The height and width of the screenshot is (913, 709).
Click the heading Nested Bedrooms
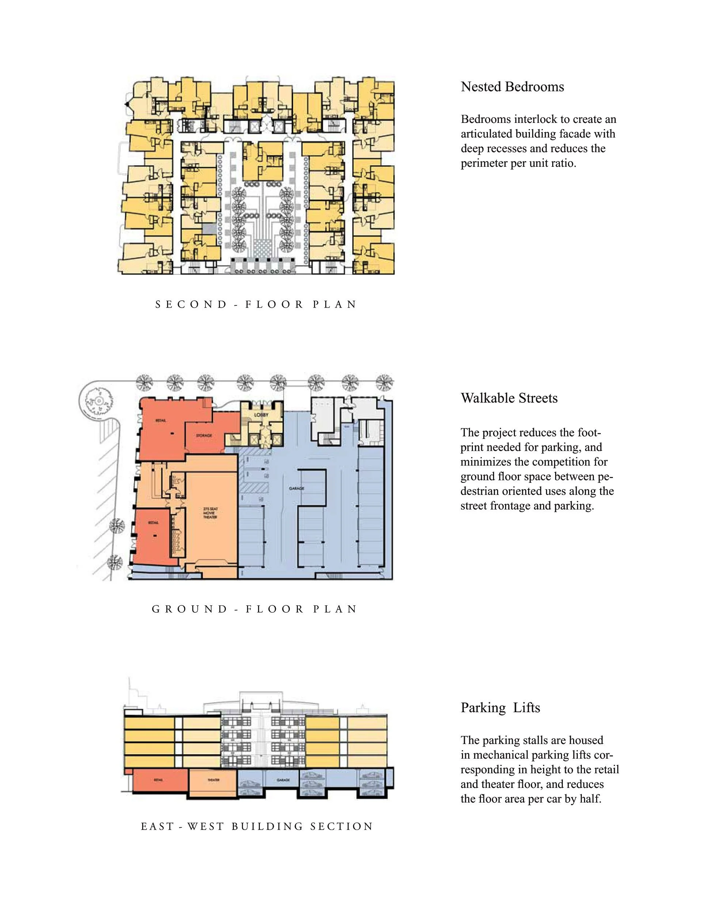(512, 87)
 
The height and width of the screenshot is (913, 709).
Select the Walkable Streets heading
(509, 398)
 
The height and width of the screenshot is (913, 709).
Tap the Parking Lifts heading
(500, 708)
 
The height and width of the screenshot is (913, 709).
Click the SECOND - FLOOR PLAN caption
(256, 304)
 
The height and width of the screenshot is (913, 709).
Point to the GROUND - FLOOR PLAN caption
(254, 609)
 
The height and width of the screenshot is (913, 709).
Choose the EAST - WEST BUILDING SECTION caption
(257, 826)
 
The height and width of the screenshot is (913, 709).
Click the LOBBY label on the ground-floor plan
(261, 415)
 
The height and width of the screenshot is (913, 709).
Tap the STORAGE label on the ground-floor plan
(204, 436)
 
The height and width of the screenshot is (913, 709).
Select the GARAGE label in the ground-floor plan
(296, 488)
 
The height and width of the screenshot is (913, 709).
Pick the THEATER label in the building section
(213, 780)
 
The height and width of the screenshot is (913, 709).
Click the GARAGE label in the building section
(283, 780)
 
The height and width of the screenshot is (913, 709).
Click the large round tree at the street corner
(99, 401)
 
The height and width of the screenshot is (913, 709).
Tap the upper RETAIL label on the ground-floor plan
(161, 420)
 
